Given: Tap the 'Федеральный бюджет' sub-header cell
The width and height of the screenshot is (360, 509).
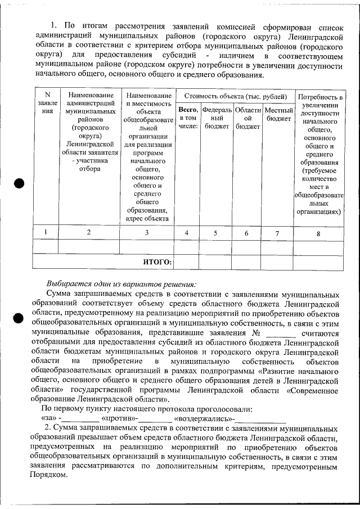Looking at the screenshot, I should pyautogui.click(x=217, y=118).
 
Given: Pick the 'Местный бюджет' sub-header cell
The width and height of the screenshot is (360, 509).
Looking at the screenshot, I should pyautogui.click(x=278, y=114).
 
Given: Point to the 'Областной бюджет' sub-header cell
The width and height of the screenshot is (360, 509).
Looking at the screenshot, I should pyautogui.click(x=247, y=118).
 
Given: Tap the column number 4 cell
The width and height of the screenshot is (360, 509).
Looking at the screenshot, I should pyautogui.click(x=187, y=232).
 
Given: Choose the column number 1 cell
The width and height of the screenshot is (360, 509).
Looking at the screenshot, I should pyautogui.click(x=46, y=232).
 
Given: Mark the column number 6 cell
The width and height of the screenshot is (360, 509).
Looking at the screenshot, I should pyautogui.click(x=246, y=232).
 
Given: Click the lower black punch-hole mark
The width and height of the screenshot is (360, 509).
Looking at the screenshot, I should pyautogui.click(x=18, y=318).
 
